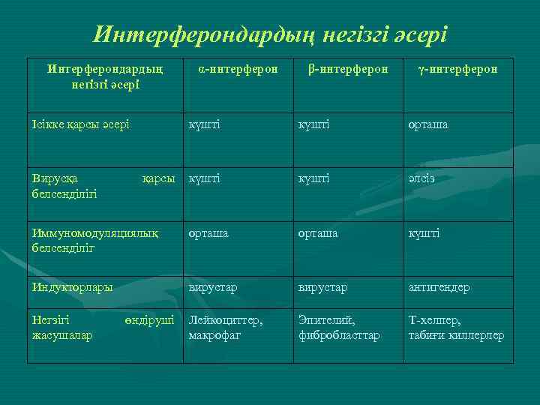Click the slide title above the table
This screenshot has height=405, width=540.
click(x=270, y=34)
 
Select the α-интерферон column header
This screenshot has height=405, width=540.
click(x=238, y=69)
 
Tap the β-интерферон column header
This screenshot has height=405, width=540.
click(x=348, y=69)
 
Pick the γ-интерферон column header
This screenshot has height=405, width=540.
click(x=457, y=69)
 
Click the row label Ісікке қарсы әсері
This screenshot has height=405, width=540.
click(x=81, y=124)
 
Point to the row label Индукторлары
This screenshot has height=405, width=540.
click(x=73, y=287)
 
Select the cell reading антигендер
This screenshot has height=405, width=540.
click(x=439, y=287)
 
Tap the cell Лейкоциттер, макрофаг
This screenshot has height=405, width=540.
click(x=226, y=328)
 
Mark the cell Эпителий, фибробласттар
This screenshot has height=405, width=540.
click(x=339, y=328)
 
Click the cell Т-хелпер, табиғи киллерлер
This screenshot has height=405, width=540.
click(x=456, y=328)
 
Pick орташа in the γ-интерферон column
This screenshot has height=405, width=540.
click(x=428, y=124)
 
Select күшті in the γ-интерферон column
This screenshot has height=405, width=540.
click(x=424, y=233)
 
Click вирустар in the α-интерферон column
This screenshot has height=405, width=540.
click(x=214, y=287)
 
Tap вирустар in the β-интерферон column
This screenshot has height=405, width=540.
click(x=323, y=287)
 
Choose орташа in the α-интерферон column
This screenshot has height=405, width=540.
click(x=209, y=233)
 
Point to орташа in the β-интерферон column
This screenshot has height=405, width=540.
click(x=319, y=233)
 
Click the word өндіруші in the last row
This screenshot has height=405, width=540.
click(x=149, y=321)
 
